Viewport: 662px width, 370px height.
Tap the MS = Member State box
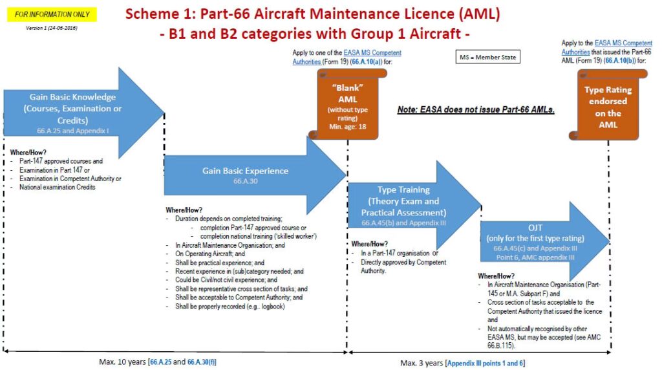coord(488,58)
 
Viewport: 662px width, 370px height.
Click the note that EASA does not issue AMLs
coord(476,110)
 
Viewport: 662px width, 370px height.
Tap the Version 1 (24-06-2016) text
coord(52,28)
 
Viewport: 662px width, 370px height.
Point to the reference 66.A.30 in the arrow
coord(245,182)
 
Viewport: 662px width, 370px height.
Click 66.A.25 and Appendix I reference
coord(75,130)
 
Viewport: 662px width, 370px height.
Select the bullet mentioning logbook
coord(230,306)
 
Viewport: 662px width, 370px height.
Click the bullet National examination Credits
coord(58,187)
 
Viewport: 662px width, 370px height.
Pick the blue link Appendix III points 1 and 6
coord(485,363)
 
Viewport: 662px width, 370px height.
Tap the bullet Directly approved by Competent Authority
coord(403,267)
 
